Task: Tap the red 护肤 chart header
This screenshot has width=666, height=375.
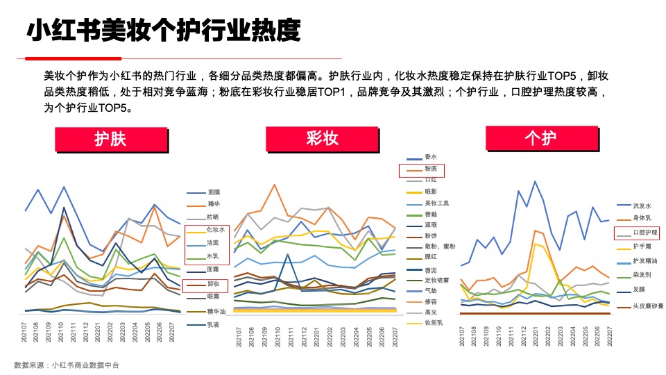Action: point(110,139)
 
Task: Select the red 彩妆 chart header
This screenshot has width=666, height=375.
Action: point(323,139)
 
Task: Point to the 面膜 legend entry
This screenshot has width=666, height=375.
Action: point(214,192)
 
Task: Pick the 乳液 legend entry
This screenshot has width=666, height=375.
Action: point(214,324)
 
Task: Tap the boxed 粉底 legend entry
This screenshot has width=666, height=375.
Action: point(421,169)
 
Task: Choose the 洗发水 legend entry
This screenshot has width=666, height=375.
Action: point(642,206)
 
